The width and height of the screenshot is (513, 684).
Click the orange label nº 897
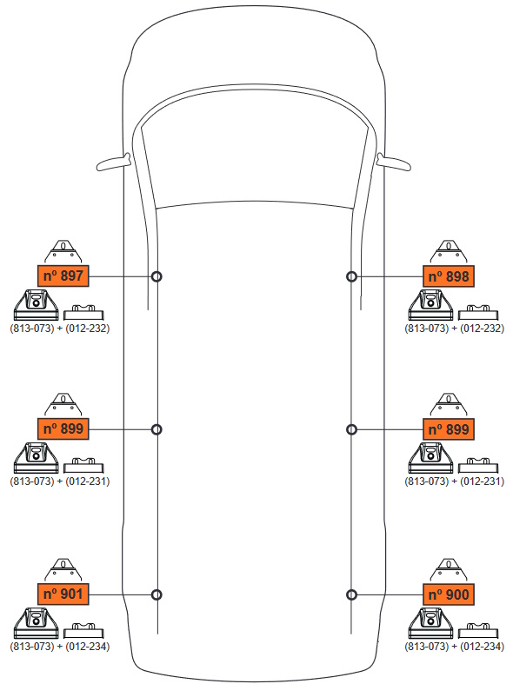tap(63, 276)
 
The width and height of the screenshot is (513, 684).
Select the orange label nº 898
tap(449, 276)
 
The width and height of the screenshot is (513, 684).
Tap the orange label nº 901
tap(63, 594)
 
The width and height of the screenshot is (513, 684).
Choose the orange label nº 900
tap(449, 594)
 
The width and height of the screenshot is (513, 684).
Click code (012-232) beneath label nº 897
tap(87, 329)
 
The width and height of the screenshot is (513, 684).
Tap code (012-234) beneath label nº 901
tap(87, 647)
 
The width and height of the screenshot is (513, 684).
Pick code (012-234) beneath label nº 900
tap(482, 647)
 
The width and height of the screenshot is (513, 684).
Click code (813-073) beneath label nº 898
tap(426, 329)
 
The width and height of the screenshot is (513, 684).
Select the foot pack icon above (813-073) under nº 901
tap(37, 623)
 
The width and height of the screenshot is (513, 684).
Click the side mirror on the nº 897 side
tap(113, 162)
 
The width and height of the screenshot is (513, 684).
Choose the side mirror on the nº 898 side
tap(394, 162)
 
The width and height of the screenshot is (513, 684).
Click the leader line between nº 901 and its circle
tap(120, 594)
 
